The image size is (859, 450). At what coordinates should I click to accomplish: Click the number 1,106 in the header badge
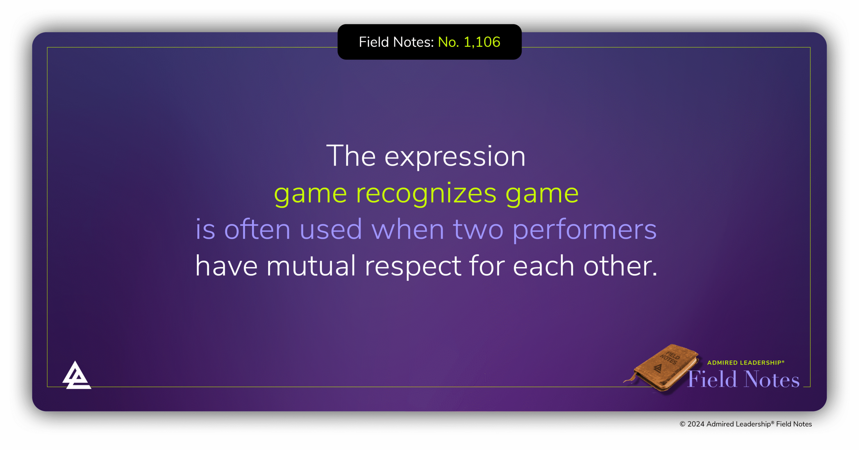click(x=482, y=42)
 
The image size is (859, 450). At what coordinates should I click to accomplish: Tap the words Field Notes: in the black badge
click(x=397, y=42)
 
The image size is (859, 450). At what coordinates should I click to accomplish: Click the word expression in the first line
click(x=455, y=157)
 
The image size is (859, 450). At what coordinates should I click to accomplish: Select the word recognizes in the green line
click(x=426, y=194)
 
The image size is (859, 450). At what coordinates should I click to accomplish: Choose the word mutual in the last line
click(x=311, y=266)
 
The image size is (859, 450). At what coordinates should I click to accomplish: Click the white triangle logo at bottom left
click(x=77, y=375)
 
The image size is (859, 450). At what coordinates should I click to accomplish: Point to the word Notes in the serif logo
click(x=772, y=379)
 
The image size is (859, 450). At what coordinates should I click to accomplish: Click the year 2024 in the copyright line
click(x=696, y=424)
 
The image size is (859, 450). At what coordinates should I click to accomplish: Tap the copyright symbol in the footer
click(x=682, y=424)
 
